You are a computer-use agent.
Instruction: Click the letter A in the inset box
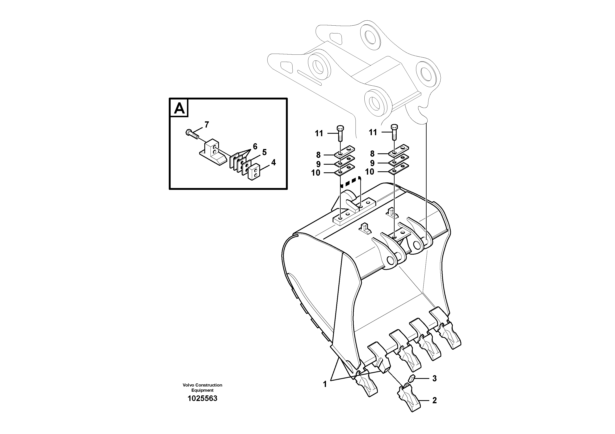tap(179, 108)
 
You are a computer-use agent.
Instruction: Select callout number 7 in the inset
tap(207, 125)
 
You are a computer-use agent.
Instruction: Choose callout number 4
tap(273, 162)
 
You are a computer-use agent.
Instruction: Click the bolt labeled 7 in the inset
tap(192, 134)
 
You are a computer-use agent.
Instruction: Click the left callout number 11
tap(319, 133)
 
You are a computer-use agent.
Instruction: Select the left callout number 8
tap(318, 155)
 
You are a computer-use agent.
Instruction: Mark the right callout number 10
tap(370, 171)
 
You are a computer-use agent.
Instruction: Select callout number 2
tap(434, 400)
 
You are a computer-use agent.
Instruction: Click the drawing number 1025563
tap(202, 399)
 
